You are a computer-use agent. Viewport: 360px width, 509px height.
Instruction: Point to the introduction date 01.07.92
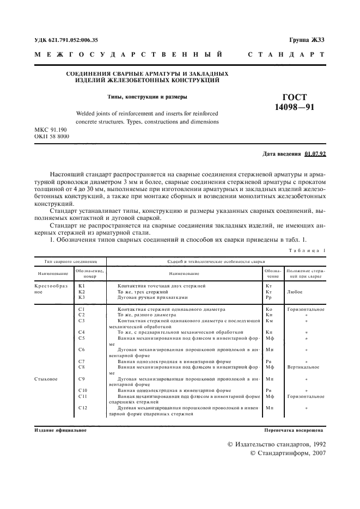tap(315, 154)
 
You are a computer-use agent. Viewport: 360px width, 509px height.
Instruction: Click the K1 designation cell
tap(82, 285)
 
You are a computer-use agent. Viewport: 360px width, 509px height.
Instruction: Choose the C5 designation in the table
tap(82, 338)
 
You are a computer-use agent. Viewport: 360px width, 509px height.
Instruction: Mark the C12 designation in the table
tap(83, 407)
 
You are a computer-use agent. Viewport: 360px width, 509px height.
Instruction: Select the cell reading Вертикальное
tap(305, 367)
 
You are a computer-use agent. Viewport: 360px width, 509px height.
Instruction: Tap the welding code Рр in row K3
tap(269, 297)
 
